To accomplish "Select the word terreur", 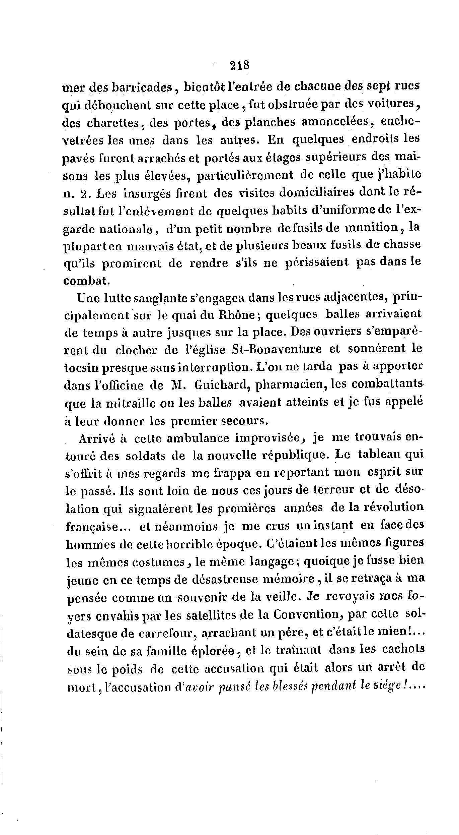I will tap(343, 490).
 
